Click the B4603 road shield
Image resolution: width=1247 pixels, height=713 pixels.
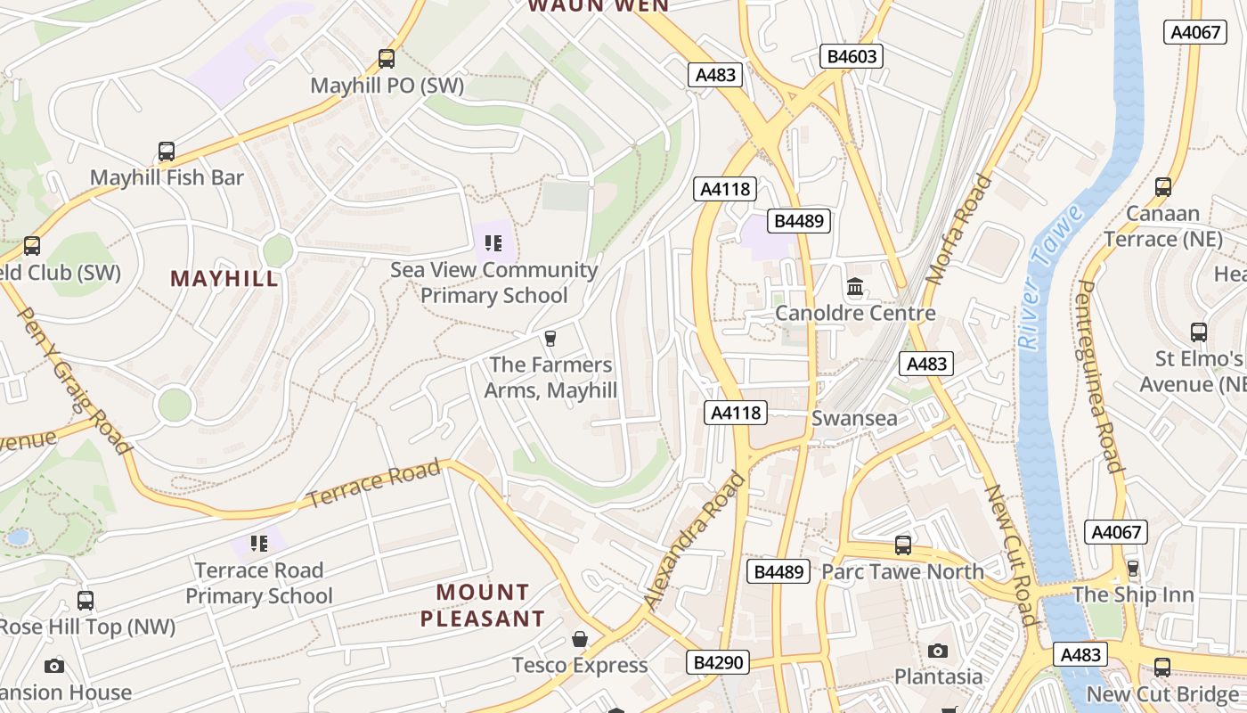(852, 57)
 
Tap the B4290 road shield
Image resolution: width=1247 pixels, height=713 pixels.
(718, 662)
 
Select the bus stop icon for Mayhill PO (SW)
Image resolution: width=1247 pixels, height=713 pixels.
(387, 59)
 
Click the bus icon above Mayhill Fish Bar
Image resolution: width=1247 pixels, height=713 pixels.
(167, 152)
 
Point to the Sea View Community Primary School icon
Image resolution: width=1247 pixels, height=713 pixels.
(494, 242)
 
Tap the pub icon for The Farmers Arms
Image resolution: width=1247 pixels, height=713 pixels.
(550, 339)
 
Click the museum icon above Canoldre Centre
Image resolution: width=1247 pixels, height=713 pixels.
(855, 287)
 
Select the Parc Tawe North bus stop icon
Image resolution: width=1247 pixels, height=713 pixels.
(903, 545)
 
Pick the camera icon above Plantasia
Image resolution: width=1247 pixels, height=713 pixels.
(938, 652)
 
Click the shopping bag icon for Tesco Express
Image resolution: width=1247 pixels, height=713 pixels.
(580, 639)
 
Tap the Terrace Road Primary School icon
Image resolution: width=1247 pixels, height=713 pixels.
(259, 543)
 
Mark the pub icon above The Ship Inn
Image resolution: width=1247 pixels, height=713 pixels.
(1133, 568)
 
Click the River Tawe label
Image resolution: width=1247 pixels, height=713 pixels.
(1052, 276)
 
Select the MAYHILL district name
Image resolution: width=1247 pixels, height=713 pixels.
(224, 279)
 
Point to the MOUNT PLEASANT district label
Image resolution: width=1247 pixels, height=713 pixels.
(483, 605)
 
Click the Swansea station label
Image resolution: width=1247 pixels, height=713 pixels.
(854, 419)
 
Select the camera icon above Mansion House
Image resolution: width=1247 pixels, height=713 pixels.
(54, 666)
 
